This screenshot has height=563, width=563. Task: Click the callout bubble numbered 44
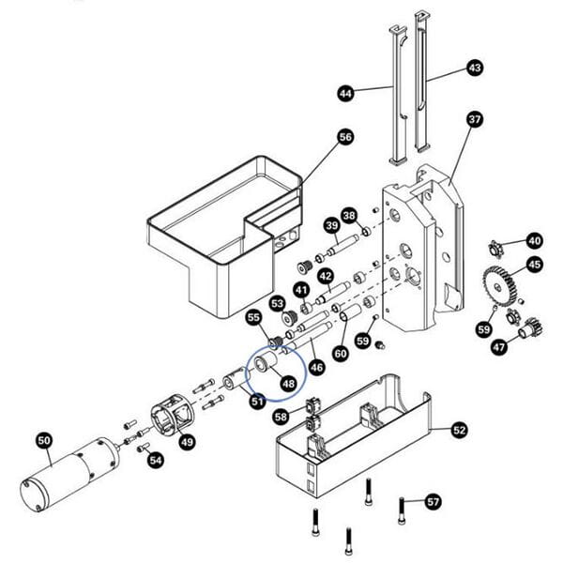coord(345,93)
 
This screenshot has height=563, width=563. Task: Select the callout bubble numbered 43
coord(475,68)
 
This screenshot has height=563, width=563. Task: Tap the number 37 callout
coord(475,119)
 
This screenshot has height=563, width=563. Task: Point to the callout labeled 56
coord(345,137)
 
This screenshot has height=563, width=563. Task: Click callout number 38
coord(349,215)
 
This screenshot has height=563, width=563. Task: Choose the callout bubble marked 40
coord(534,240)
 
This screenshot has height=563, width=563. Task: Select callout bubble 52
coord(459,430)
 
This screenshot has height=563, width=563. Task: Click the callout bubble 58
coord(281,416)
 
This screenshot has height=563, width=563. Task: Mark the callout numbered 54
coord(156,460)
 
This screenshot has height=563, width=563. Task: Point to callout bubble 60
coord(340,353)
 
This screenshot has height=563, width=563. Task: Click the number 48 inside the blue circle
coord(287,383)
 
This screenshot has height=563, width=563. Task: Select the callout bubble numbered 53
coord(277,304)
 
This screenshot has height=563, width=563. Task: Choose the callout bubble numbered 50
coord(44,439)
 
